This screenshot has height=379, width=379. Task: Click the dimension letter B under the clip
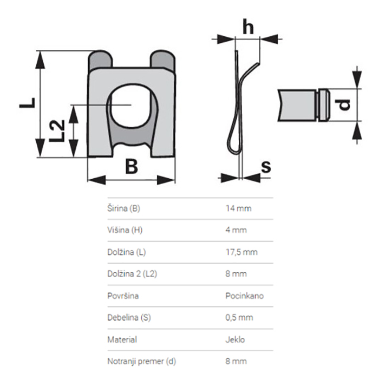point(132,166)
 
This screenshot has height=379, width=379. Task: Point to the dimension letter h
point(248,28)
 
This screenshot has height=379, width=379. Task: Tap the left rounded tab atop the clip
point(100,59)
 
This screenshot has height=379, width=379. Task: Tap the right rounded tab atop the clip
point(162,59)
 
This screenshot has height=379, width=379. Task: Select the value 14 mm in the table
point(238,208)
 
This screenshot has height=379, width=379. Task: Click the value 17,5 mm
point(241,252)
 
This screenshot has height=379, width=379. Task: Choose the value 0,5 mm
point(239,318)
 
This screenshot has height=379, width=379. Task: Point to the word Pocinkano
point(245,296)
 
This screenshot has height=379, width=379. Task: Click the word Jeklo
point(235,340)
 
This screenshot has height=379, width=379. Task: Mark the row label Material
point(122,340)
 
